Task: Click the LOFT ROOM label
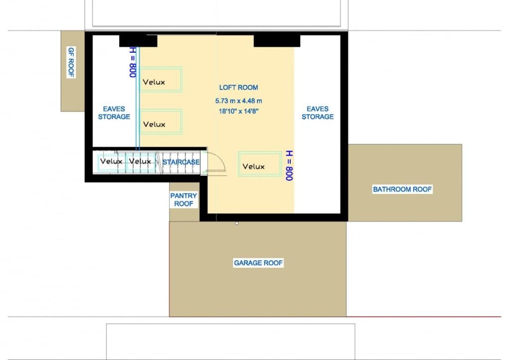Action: (239, 88)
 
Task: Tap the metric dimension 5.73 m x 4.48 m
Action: (239, 101)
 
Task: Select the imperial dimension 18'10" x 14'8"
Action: (239, 111)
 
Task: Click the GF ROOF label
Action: (71, 62)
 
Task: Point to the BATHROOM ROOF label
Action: (402, 189)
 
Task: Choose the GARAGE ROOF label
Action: (258, 263)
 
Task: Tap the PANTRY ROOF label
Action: (184, 199)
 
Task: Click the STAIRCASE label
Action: (181, 162)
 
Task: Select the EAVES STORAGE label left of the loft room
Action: (114, 113)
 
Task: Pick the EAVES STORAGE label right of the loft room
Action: (318, 113)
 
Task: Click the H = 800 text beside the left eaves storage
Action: (133, 62)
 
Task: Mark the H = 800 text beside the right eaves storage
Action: (289, 165)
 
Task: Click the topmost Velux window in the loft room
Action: (161, 80)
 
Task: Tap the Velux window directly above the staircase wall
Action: (161, 122)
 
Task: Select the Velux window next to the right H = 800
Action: (259, 164)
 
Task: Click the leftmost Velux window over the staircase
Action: (111, 163)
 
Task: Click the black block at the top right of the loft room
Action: (277, 41)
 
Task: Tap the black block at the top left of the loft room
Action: (138, 41)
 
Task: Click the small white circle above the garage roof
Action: (237, 223)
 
